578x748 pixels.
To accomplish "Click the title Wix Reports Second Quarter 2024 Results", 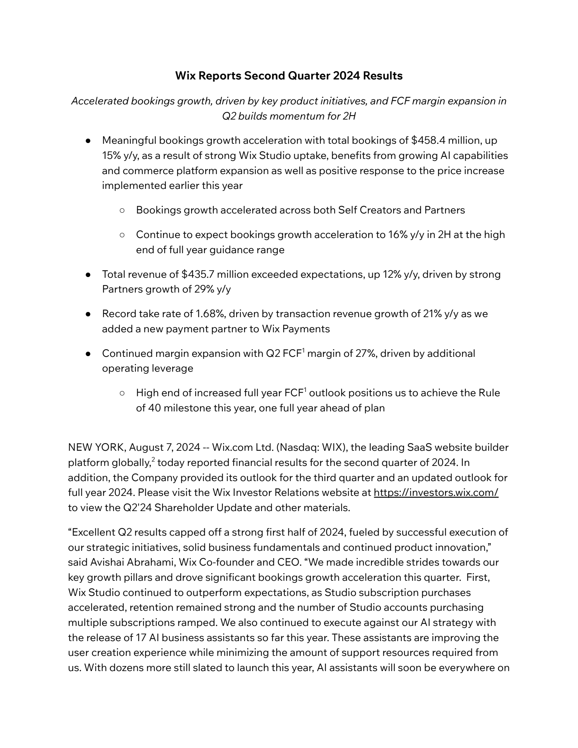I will (x=289, y=76).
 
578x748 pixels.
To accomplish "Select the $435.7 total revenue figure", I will (x=198, y=274).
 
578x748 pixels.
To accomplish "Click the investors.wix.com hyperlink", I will (x=436, y=492).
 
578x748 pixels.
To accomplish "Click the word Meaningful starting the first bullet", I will (x=129, y=140).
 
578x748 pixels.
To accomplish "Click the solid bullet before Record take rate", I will (x=88, y=314).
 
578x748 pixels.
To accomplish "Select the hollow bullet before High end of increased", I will (x=122, y=393).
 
